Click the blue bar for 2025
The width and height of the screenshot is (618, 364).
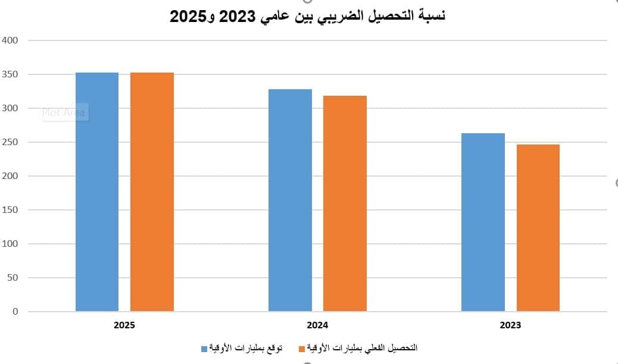pos(97,192)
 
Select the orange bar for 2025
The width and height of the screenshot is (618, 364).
pos(152,192)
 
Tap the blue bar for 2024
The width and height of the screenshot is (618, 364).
pos(290,200)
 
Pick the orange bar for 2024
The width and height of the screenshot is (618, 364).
pos(345,203)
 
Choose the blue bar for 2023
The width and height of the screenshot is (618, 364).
pos(483,222)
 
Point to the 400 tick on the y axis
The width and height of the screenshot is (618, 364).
pos(11,40)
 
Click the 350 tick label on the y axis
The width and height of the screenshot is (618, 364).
pos(11,74)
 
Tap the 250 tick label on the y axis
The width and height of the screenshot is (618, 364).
pos(11,142)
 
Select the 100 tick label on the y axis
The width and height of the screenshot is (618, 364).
pos(11,244)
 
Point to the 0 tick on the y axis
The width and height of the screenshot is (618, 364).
pos(15,312)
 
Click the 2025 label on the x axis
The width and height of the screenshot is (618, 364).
pos(124,325)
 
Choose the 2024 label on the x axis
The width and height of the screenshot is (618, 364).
pos(317,325)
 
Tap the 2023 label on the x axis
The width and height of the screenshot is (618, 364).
pos(510,325)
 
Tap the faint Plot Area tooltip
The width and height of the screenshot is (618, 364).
pos(64,112)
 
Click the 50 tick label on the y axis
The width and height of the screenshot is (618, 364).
pos(13,278)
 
